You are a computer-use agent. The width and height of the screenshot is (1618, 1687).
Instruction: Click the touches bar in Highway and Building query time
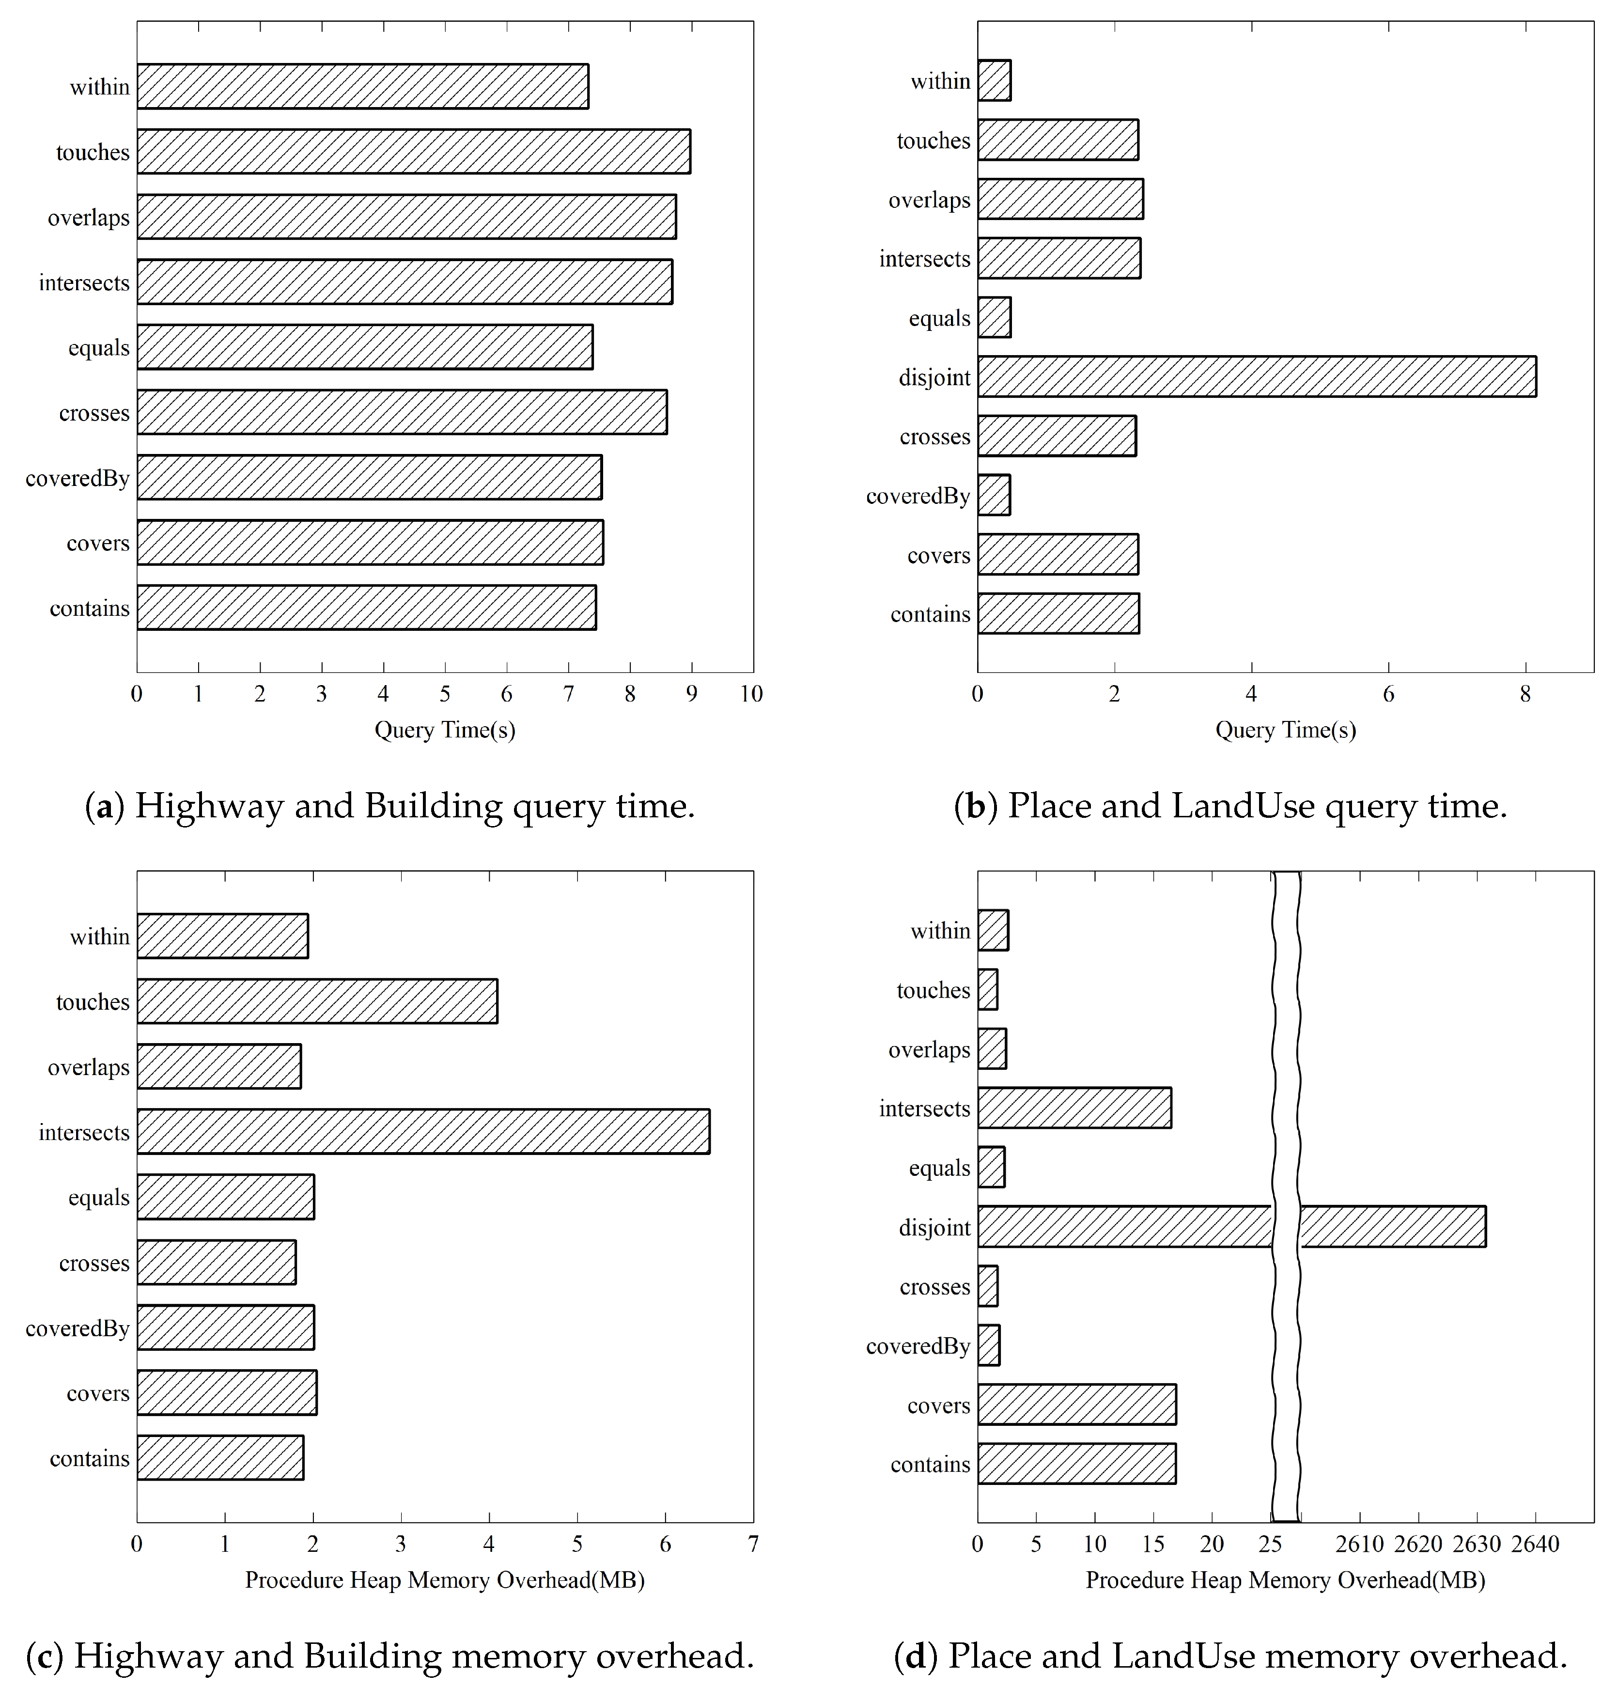(413, 152)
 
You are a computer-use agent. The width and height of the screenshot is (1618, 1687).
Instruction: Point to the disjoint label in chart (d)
(934, 1227)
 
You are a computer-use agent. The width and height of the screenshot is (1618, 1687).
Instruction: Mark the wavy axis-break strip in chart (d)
(1286, 1196)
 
